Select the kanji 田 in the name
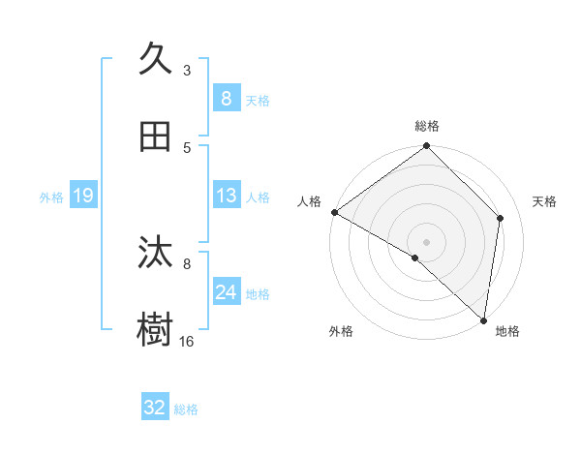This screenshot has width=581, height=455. tap(157, 136)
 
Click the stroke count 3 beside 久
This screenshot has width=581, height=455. tap(187, 70)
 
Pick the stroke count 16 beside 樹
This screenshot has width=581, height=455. tap(187, 341)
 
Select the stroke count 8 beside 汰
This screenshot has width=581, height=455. tap(187, 262)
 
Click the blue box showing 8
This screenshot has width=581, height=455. tap(226, 98)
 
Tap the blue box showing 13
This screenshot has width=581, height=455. tap(226, 196)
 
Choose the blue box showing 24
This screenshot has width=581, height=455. tap(226, 292)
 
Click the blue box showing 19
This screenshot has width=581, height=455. tap(83, 196)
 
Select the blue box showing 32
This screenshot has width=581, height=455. tap(155, 408)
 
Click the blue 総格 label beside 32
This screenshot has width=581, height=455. tap(187, 409)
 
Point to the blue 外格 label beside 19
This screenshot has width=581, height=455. tap(50, 197)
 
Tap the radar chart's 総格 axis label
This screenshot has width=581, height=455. tap(427, 126)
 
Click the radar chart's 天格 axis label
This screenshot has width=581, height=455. tap(545, 201)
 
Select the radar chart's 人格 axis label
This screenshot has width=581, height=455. tap(309, 201)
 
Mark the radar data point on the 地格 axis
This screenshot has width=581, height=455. tap(483, 319)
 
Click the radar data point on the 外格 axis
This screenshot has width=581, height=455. tap(415, 258)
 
